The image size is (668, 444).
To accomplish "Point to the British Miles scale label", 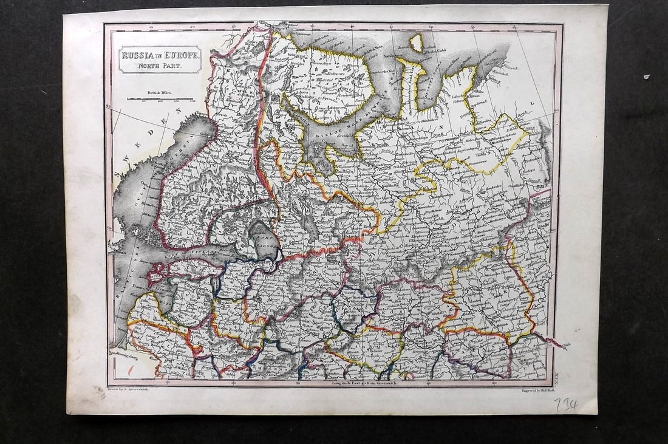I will (160, 92).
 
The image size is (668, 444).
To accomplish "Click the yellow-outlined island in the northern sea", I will (416, 43).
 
